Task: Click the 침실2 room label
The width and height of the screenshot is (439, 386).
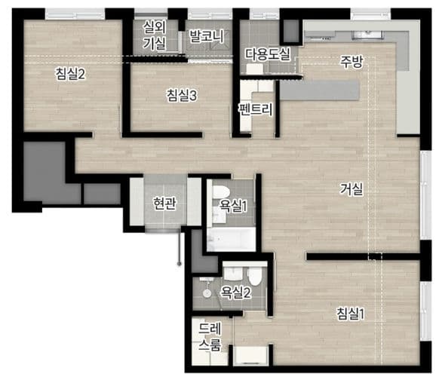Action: [x=70, y=74]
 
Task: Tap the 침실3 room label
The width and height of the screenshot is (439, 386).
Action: [x=182, y=95]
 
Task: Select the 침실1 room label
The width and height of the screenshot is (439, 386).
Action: [x=351, y=314]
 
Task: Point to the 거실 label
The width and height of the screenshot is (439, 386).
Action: [x=352, y=188]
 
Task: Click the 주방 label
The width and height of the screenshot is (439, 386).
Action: [x=352, y=62]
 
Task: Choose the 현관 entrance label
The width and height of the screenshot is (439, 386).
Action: [x=165, y=204]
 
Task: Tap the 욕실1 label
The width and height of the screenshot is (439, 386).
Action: [x=233, y=206]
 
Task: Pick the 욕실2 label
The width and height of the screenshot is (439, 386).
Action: [x=236, y=293]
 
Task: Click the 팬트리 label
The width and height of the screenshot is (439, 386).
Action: [x=256, y=109]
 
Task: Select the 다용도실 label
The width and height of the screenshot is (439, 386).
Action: [x=268, y=54]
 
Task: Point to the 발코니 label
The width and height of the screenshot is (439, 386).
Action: [x=207, y=36]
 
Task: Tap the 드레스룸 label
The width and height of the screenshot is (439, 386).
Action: [x=210, y=336]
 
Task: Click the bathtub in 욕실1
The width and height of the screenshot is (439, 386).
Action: [x=232, y=239]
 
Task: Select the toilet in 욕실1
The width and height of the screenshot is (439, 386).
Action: [x=221, y=192]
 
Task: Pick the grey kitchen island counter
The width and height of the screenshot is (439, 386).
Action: [x=320, y=90]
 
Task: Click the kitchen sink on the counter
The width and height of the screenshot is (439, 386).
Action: [x=367, y=35]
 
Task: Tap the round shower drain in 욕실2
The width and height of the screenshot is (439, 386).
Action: [x=207, y=293]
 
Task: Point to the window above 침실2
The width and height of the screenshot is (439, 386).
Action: [x=75, y=14]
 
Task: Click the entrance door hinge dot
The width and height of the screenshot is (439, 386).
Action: [x=180, y=264]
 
